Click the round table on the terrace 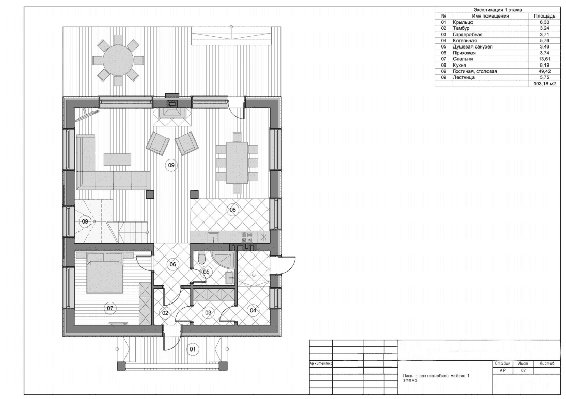point(118,60)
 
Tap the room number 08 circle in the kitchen point(233,210)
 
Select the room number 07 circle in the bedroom point(110,308)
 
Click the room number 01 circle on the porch point(193,349)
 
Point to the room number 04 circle point(253,310)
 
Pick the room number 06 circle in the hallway point(172,264)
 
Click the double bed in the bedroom point(105,273)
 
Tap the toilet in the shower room point(202,258)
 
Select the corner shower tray point(223,262)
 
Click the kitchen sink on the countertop point(213,237)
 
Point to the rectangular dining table point(237,163)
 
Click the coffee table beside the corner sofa point(118,159)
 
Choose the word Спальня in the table point(462,59)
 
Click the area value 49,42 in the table point(544,71)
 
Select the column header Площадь point(544,16)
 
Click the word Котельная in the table point(465,40)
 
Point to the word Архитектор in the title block point(321,364)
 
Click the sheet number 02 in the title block point(524,371)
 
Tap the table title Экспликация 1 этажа point(497,10)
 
